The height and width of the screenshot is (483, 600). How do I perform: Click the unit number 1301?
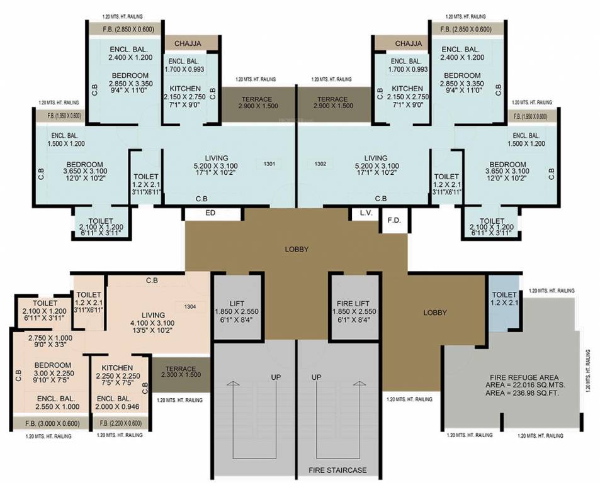point(269,164)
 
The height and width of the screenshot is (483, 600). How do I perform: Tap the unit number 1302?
point(322,164)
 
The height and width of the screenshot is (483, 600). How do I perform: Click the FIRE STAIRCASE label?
point(337,470)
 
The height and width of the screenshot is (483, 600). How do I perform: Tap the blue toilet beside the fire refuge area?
point(502,306)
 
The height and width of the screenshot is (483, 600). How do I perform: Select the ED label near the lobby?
point(212,213)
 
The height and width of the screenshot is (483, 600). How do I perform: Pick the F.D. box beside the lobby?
point(394,221)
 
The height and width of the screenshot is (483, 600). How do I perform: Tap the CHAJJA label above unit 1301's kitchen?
point(190,43)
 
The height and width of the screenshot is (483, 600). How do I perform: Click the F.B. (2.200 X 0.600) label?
point(120,423)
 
